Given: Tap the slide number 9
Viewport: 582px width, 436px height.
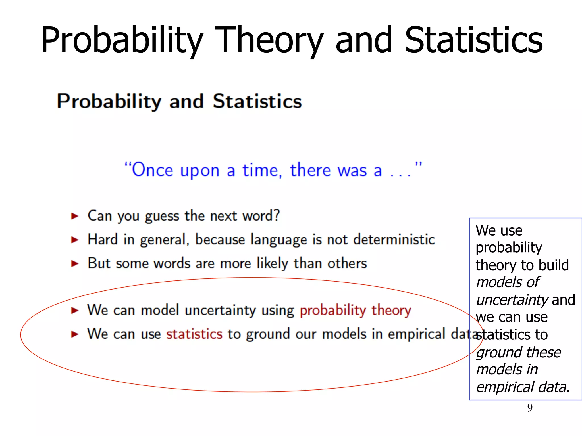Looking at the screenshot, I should (530, 408).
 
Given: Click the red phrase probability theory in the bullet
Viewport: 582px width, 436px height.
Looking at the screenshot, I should (355, 310).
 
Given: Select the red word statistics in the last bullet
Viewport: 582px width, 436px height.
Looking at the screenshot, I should (194, 334).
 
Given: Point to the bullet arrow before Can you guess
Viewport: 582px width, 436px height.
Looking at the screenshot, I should (75, 216).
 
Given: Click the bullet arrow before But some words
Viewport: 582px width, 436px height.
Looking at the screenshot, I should (75, 264).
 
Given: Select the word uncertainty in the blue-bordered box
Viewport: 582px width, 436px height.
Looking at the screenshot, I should (512, 300).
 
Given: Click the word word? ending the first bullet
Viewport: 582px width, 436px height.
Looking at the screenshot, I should (261, 216).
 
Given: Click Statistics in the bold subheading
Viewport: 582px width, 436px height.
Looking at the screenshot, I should (257, 101).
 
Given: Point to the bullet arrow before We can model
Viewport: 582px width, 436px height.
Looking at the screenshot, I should (75, 311).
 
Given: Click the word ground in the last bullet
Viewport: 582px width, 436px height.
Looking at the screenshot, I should (268, 334).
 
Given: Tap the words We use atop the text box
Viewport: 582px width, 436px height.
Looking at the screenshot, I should (499, 230).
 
